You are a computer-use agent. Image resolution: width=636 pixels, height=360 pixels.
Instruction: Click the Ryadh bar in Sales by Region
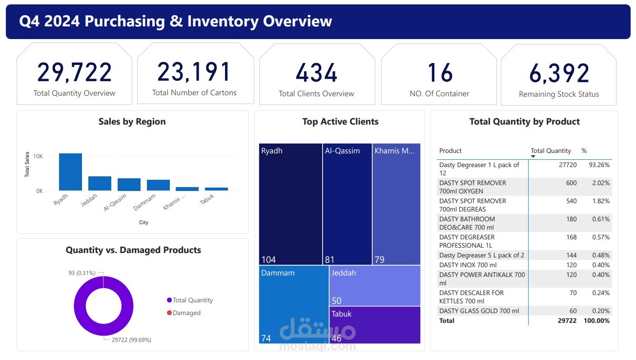pos(70,172)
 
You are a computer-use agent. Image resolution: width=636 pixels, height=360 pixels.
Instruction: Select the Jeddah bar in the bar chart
pos(100,183)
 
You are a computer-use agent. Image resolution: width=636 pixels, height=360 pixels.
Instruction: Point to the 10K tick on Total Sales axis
pos(39,156)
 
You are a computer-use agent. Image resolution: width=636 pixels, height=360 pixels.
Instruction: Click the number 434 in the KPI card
pos(317,73)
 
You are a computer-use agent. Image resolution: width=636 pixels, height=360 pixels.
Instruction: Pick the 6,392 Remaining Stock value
pos(559,73)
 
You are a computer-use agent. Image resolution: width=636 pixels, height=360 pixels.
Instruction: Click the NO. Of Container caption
pos(439,93)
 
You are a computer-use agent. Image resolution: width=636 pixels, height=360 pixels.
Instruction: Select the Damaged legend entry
pos(186,313)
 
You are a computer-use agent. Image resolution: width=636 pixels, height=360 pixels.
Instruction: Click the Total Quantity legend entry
pos(192,300)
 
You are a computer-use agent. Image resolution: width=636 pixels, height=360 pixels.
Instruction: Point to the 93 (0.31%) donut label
pos(82,273)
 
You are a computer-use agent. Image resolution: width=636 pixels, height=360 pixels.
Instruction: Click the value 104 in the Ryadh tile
pos(268,259)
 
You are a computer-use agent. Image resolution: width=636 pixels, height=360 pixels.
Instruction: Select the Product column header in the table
pos(451,151)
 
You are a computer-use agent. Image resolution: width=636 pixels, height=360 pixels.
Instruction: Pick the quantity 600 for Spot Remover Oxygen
pos(571,183)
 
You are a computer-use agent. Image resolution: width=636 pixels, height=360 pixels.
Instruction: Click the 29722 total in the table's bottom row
pos(567,320)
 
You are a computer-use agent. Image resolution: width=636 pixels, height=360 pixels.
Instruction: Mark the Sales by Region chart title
pos(132,122)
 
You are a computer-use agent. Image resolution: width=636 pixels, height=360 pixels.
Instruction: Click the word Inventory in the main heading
pos(223,21)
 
